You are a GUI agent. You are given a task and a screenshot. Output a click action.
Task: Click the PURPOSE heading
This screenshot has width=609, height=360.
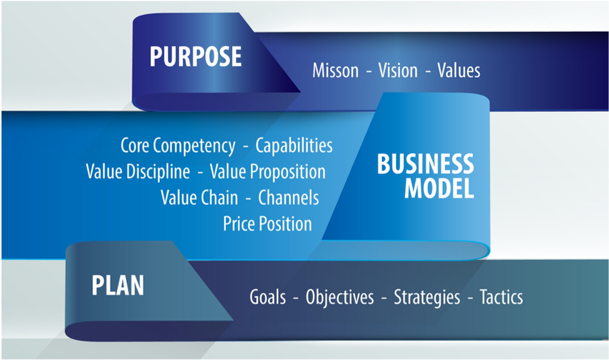[x=195, y=57]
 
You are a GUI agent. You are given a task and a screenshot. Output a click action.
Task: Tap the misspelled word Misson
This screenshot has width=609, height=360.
[x=335, y=71]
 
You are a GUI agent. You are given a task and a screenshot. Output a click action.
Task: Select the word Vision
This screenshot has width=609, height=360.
[x=397, y=71]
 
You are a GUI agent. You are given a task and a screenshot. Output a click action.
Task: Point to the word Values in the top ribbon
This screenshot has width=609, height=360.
[x=459, y=71]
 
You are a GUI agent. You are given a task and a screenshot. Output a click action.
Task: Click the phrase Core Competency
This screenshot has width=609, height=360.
[x=178, y=146]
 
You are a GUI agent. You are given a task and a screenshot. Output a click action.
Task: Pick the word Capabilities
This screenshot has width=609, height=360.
[x=294, y=145]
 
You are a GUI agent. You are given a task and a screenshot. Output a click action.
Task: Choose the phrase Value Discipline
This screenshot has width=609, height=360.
[x=138, y=172]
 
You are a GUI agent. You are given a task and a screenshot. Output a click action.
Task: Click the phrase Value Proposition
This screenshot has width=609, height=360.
[x=268, y=172]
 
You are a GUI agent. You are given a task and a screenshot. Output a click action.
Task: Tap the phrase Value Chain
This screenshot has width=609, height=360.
[x=199, y=197]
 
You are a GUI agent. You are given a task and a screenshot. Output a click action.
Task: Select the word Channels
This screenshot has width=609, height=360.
[x=289, y=197]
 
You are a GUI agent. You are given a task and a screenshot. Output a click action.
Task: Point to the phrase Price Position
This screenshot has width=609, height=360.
[x=268, y=224]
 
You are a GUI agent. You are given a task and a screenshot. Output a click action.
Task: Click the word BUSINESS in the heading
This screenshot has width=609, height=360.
[x=426, y=164]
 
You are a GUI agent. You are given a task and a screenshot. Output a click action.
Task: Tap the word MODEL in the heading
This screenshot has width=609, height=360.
[x=439, y=189]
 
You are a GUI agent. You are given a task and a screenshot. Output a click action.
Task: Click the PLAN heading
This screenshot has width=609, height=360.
[x=117, y=285]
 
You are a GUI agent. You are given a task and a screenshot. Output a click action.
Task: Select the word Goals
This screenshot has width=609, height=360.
[x=268, y=297]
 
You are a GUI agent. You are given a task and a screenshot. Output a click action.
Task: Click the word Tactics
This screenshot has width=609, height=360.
[x=501, y=297]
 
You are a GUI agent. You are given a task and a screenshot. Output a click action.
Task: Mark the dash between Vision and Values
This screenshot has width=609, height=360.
[x=428, y=72]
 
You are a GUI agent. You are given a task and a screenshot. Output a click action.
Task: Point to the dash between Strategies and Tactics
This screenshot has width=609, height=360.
[x=470, y=298]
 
